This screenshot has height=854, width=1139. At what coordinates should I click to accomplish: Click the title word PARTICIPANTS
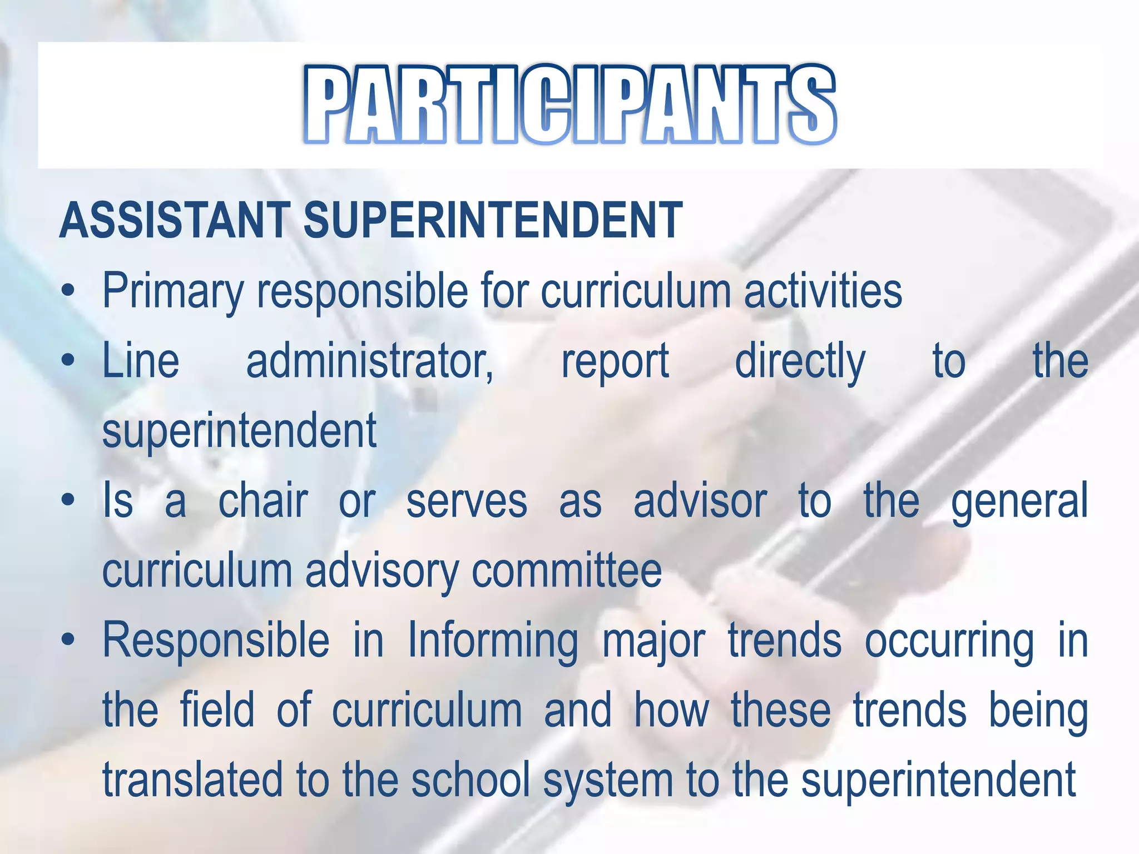569,105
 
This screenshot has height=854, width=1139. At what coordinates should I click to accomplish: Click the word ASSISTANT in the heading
175,220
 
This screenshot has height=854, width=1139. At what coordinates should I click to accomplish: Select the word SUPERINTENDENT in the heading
493,220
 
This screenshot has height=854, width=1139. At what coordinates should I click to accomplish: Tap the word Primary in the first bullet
172,291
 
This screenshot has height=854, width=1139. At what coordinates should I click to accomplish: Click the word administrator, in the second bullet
369,361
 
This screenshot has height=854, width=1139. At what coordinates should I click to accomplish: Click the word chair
263,501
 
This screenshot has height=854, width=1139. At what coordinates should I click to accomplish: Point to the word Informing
493,642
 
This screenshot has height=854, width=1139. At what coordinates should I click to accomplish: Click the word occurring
949,642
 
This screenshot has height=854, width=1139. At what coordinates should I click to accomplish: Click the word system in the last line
608,781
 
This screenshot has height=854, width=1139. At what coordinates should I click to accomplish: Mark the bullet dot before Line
68,361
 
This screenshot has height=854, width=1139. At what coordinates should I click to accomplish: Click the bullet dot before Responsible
68,640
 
